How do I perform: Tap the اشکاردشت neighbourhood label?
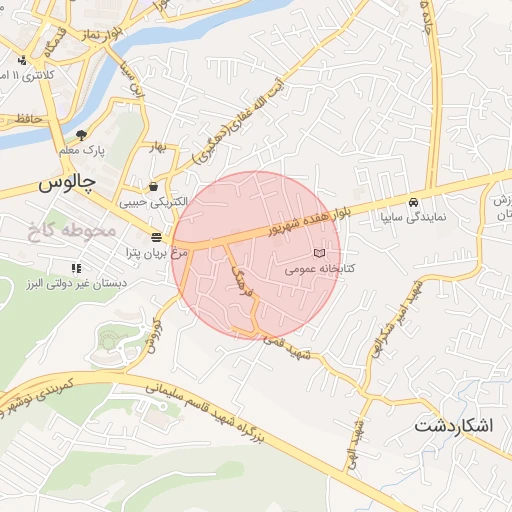[x=453, y=426]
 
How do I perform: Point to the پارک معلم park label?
[x=82, y=150]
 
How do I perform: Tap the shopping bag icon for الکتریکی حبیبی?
[x=153, y=186]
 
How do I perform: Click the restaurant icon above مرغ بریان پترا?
[x=157, y=238]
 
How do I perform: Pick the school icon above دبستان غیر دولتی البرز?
[x=76, y=268]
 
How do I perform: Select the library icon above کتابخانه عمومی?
[x=320, y=254]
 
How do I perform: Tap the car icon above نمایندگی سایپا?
[x=413, y=200]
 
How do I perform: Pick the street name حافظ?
[x=29, y=119]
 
